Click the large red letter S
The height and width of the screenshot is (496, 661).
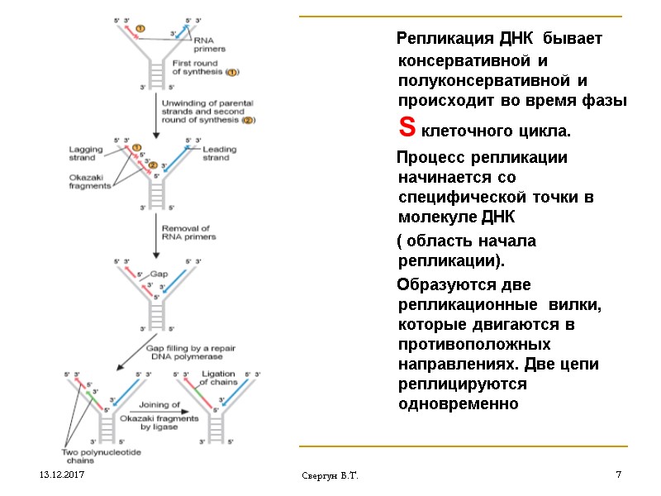406,129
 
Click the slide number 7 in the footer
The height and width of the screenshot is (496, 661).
618,475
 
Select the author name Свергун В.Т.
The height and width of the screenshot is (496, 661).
335,477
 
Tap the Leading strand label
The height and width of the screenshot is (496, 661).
217,153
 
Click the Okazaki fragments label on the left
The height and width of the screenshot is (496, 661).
89,181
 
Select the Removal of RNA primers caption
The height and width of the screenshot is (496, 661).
188,232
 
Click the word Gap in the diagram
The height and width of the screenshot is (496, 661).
158,274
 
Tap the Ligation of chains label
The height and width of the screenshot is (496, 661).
219,378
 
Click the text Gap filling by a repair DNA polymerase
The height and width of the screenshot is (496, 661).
191,352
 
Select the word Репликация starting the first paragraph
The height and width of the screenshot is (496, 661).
445,39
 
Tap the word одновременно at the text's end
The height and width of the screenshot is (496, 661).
457,404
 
